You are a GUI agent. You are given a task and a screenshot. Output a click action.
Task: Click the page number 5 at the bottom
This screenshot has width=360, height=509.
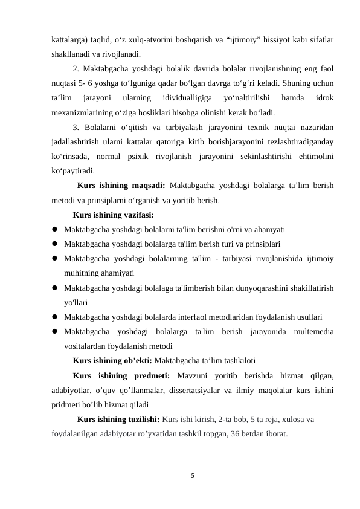(191, 476)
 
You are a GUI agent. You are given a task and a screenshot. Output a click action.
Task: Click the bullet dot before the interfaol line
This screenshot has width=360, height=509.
(55, 317)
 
